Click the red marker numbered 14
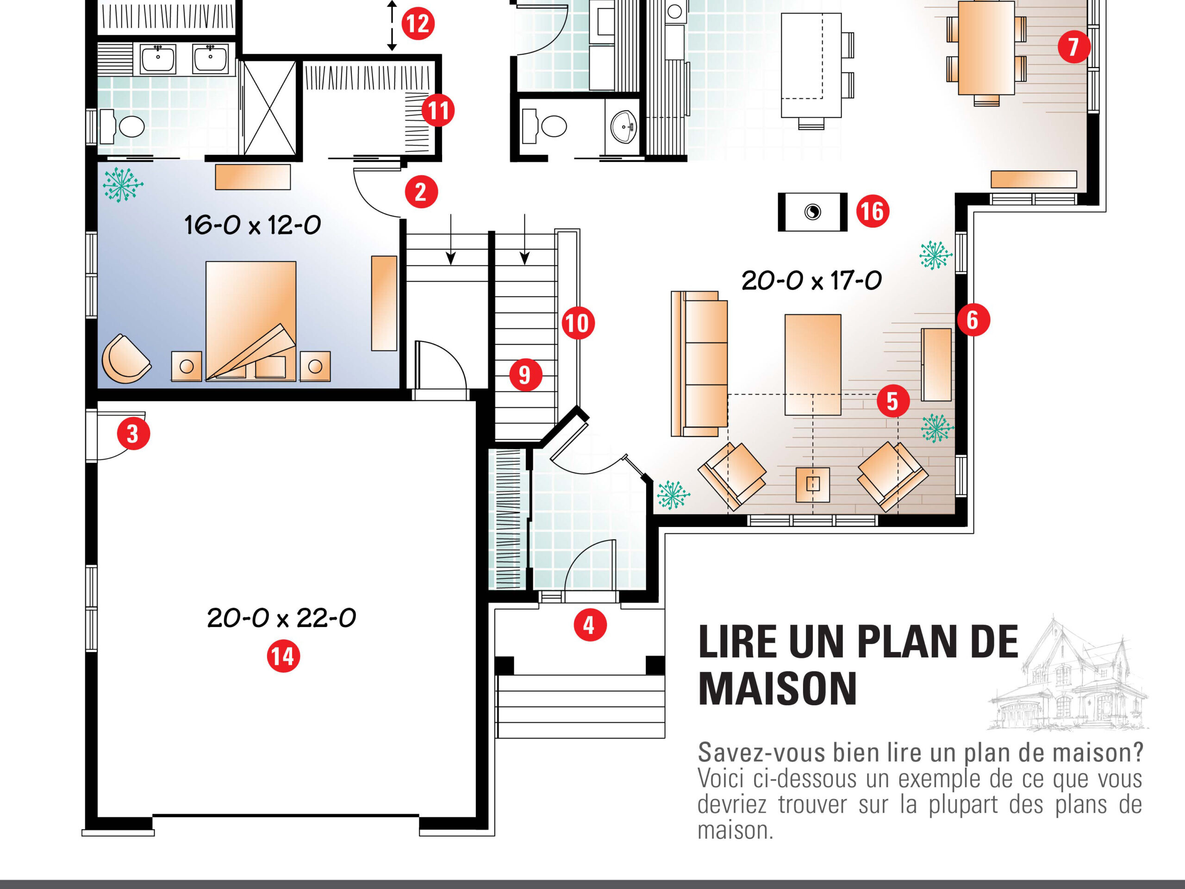tap(283, 657)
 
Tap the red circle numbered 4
tap(590, 625)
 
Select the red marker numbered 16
tap(873, 211)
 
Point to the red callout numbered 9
tap(525, 375)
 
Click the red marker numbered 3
tap(133, 433)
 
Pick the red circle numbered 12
tap(418, 24)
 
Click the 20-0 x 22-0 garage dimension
tap(281, 618)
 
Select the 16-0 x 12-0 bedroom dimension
tap(252, 225)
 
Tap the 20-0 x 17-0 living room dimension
tap(811, 280)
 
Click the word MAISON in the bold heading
tap(778, 689)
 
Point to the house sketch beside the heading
tap(1068, 674)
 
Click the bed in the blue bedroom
tap(251, 321)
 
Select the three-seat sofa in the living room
tap(699, 364)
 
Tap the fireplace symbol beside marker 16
tap(813, 212)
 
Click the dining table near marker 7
tap(986, 48)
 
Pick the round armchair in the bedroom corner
tap(126, 359)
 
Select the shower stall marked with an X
tap(269, 108)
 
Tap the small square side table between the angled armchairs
tap(813, 484)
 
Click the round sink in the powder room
tap(624, 127)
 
